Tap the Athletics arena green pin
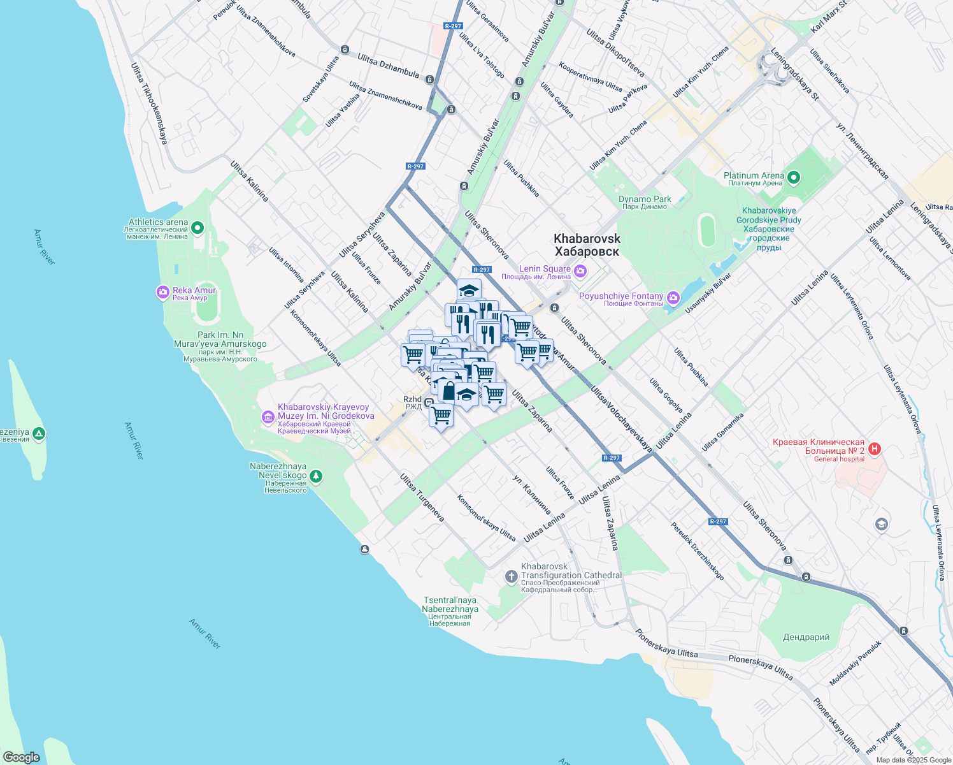197,227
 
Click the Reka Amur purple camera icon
163,293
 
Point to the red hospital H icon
875,449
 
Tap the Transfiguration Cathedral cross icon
511,578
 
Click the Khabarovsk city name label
587,245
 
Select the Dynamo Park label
645,202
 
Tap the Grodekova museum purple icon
268,418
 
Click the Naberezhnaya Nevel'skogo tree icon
316,476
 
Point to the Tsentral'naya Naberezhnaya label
450,611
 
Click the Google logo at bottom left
21,757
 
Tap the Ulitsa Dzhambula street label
388,66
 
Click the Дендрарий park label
806,637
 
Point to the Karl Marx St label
828,17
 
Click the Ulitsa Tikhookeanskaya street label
149,103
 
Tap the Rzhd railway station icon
429,402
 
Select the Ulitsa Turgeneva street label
422,498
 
